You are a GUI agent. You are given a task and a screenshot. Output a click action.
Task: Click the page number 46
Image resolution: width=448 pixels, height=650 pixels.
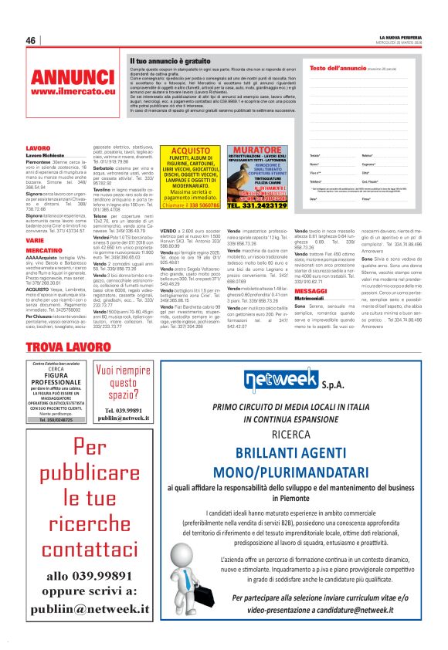(x=31, y=40)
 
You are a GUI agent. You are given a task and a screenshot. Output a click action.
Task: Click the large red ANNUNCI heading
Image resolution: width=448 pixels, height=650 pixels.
(x=73, y=77)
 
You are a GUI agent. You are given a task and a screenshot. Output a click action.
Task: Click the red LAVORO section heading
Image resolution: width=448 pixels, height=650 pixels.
(x=38, y=147)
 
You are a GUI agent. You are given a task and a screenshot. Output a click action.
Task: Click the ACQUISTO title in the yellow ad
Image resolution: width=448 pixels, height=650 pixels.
(x=190, y=151)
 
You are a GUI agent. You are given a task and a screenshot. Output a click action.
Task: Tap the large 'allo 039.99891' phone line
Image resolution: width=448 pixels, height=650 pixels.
(x=89, y=574)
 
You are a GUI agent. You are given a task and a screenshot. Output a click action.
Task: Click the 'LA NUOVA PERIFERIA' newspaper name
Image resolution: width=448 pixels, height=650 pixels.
(x=403, y=36)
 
